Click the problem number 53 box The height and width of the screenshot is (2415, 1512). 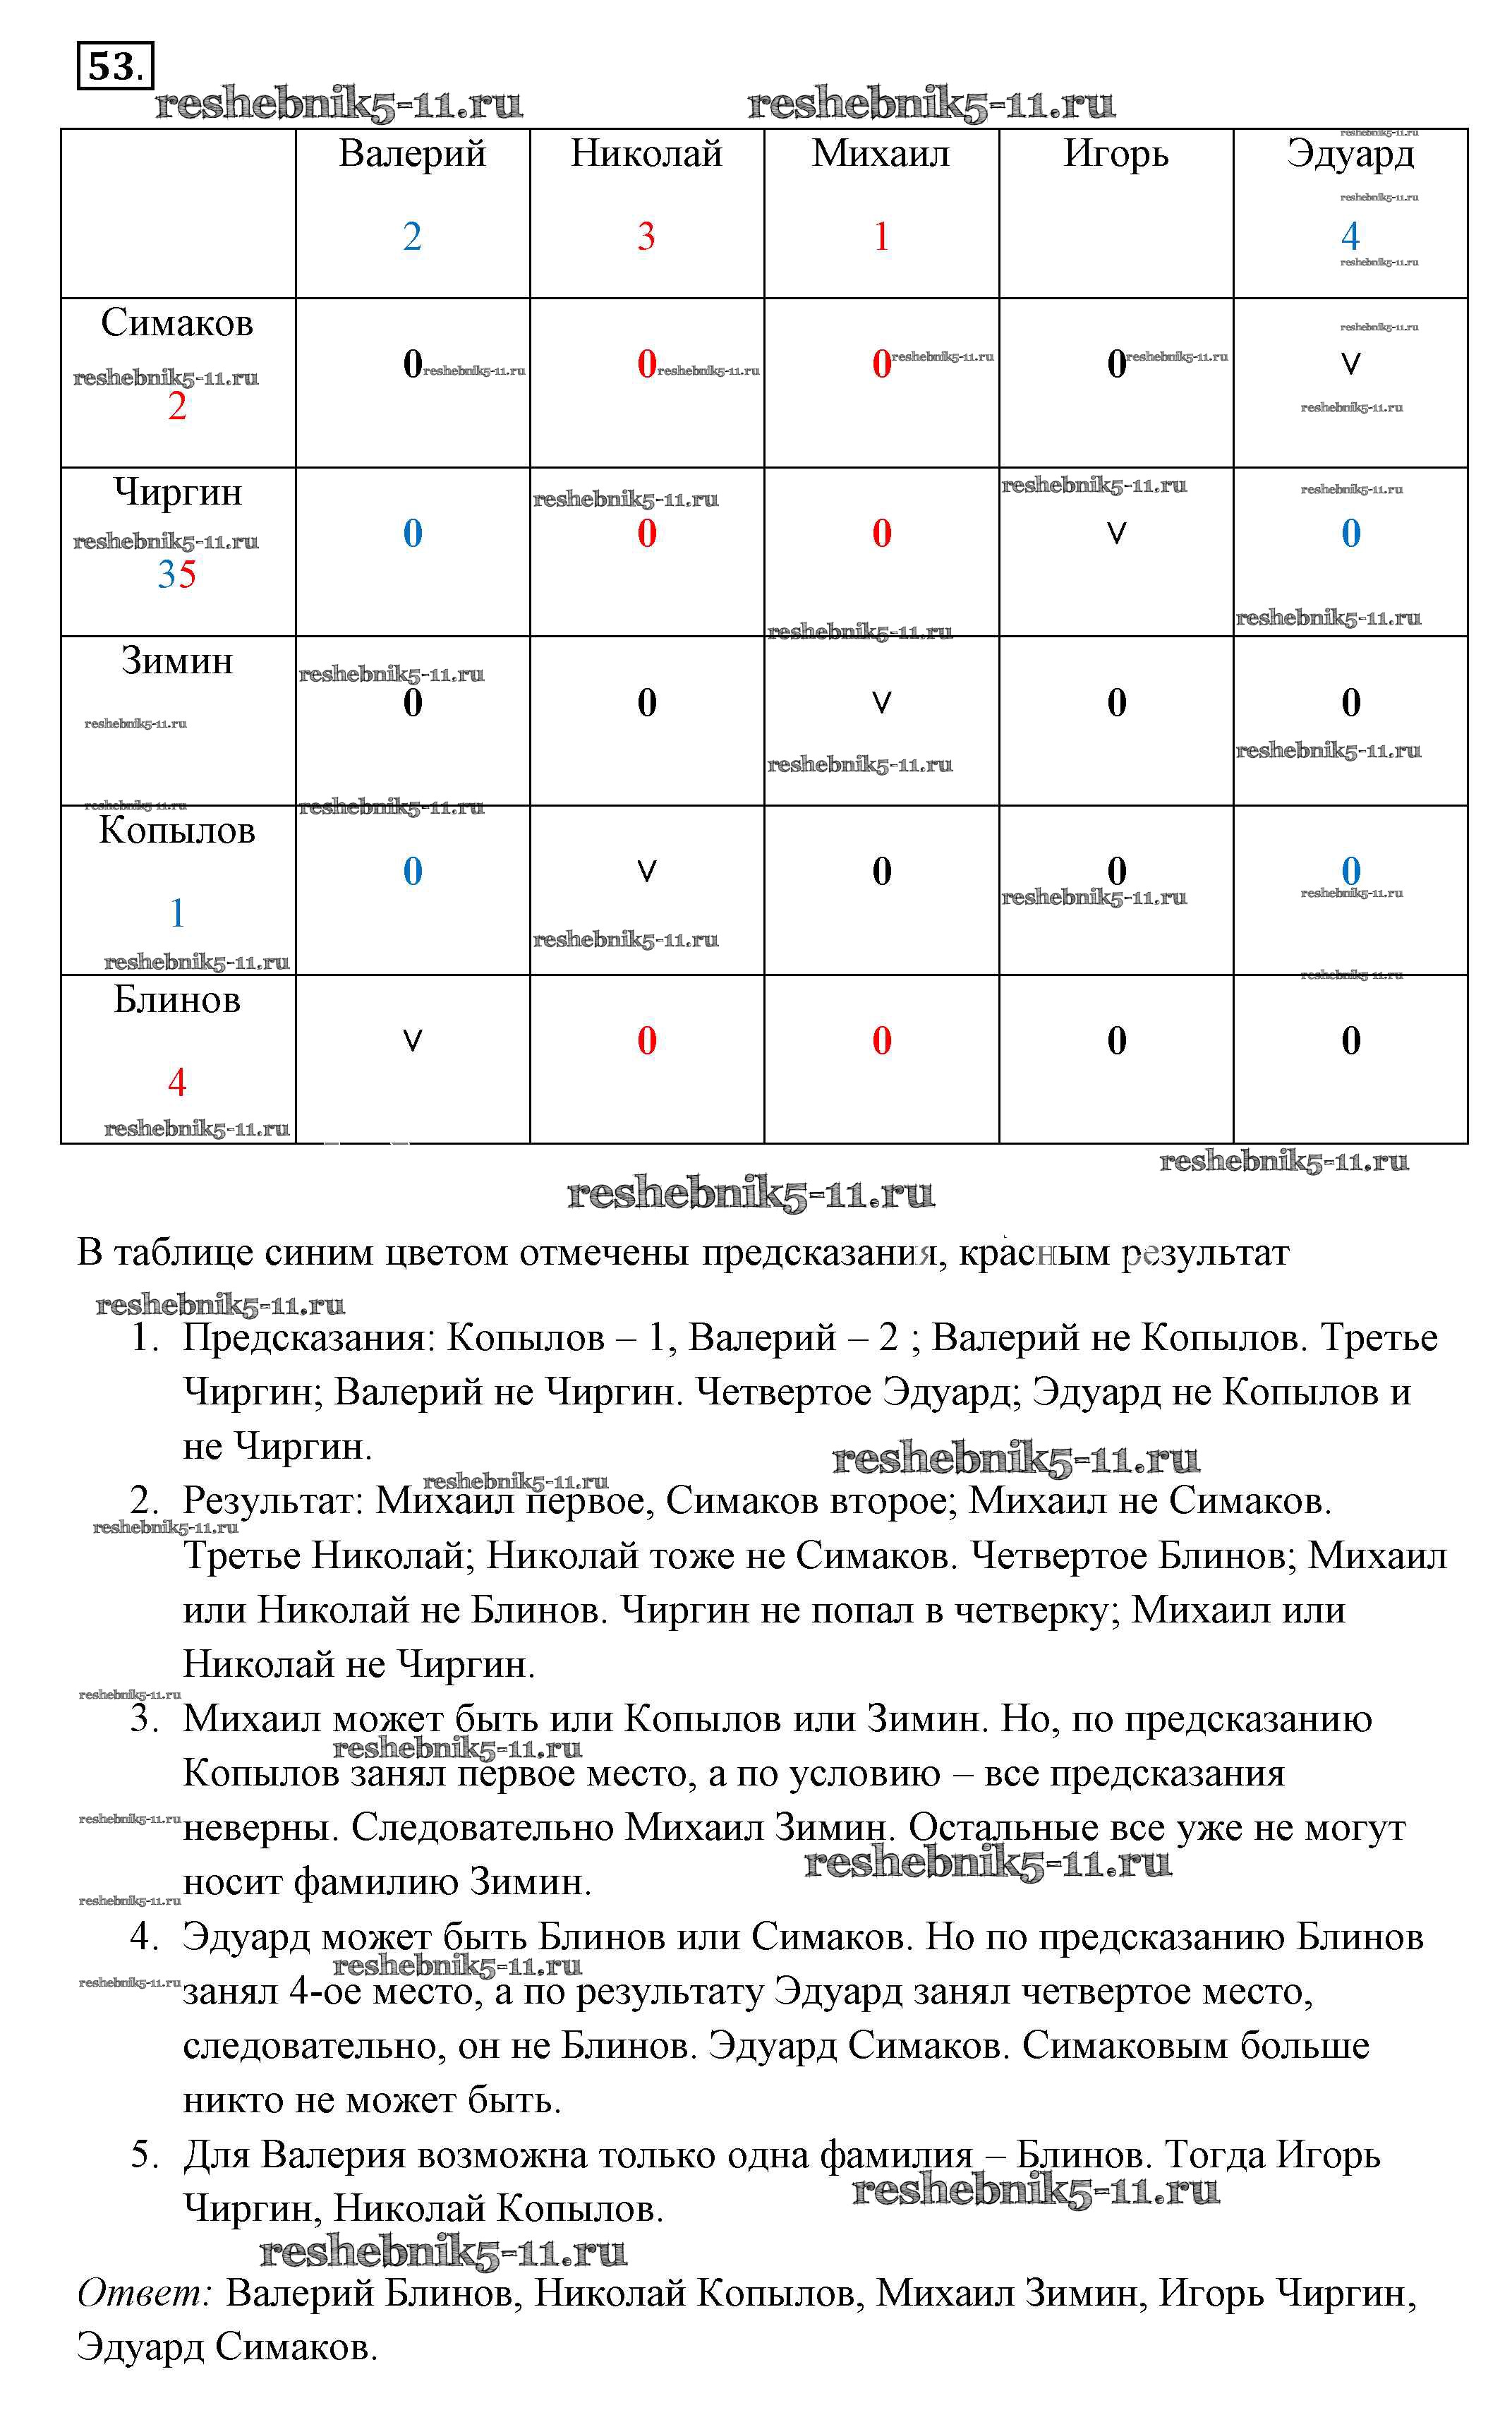pos(115,66)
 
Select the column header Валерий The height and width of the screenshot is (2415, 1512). pos(412,153)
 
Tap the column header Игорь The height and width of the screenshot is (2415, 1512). pos(1116,153)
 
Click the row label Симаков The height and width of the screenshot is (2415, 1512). pos(177,323)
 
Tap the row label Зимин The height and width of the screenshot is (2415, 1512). pos(177,661)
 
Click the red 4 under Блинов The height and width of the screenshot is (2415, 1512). pos(177,1082)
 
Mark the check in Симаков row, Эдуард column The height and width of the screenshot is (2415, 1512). pos(1350,364)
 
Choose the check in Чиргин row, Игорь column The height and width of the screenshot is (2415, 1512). pos(1116,533)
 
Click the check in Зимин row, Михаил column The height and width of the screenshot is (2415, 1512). pos(881,703)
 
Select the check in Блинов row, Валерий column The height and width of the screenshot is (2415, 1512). pos(412,1041)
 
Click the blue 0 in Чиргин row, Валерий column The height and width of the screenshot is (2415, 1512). pos(412,533)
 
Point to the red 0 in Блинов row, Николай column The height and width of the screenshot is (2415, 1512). pos(646,1041)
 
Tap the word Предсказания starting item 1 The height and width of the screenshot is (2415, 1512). pos(309,1338)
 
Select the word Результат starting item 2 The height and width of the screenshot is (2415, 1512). pos(272,1501)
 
